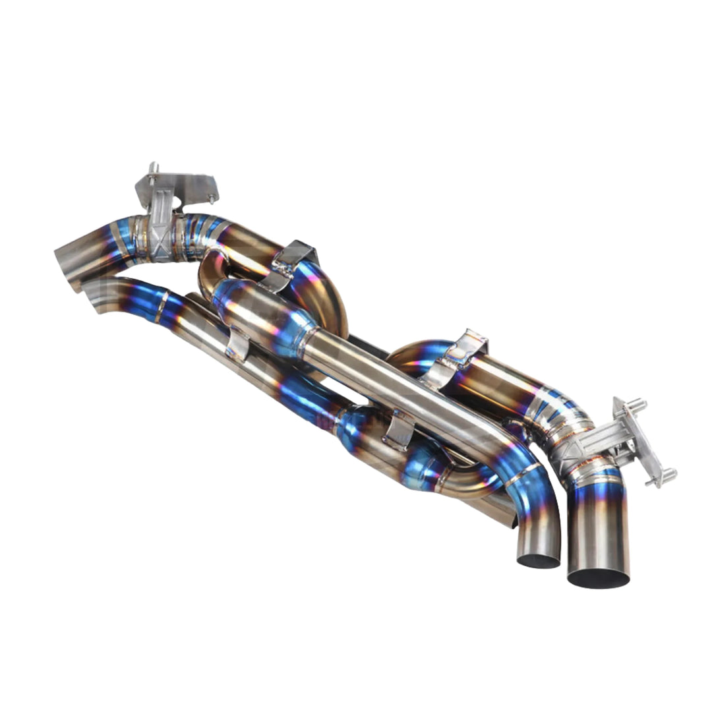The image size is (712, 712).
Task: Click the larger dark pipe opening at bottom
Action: (598, 577)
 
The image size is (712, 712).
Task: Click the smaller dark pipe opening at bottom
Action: (539, 560)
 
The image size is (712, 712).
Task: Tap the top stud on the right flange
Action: (638, 403)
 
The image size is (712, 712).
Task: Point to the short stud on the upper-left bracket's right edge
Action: (211, 198)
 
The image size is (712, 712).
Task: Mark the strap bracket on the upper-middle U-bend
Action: (293, 264)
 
